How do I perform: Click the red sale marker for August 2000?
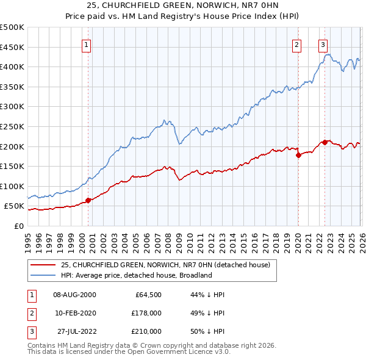tap(88, 200)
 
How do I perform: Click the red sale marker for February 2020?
tap(298, 155)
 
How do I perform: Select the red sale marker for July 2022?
tap(325, 142)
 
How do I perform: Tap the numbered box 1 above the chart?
tap(87, 44)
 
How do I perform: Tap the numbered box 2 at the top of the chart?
tap(296, 44)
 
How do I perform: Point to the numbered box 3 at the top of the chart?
tap(323, 44)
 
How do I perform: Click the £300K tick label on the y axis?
tap(12, 107)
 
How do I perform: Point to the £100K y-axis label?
tap(12, 186)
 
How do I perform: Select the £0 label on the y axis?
tap(18, 226)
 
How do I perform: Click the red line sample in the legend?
tap(43, 265)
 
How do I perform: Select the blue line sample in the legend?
tap(43, 275)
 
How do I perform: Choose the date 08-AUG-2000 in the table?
tap(74, 295)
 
